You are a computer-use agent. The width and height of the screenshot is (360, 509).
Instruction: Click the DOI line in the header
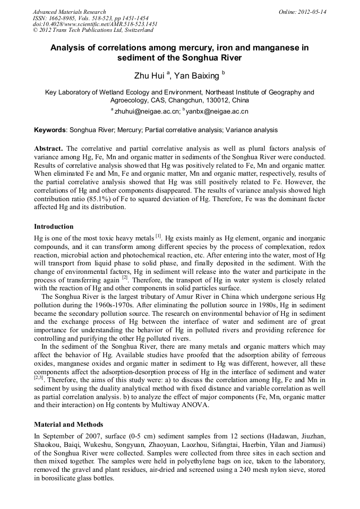95,24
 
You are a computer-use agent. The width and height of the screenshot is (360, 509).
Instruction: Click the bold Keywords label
50,130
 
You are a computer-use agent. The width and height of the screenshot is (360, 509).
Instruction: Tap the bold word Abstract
48,148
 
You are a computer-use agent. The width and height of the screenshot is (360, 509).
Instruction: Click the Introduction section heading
54,227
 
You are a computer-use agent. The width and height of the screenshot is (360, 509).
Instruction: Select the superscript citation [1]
158,235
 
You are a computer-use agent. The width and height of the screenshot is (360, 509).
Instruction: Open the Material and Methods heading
68,425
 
